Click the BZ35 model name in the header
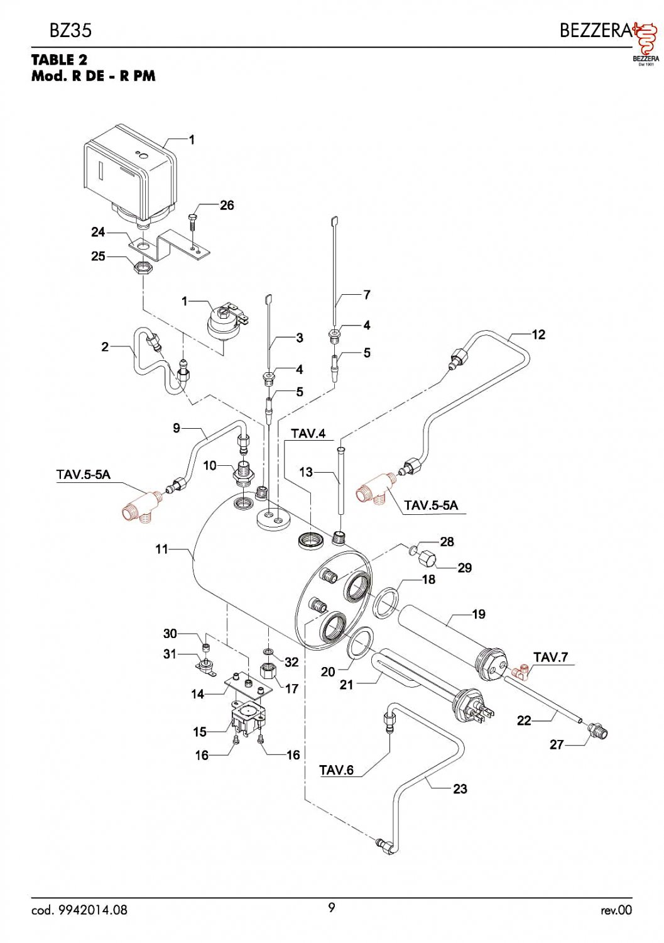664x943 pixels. [x=70, y=31]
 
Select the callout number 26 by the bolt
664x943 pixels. [x=227, y=206]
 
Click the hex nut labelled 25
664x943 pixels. [x=143, y=267]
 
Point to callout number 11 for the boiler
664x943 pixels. [x=161, y=549]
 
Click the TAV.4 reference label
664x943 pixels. [x=308, y=434]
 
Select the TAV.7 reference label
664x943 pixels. [x=550, y=657]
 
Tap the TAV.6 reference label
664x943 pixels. [x=337, y=770]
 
